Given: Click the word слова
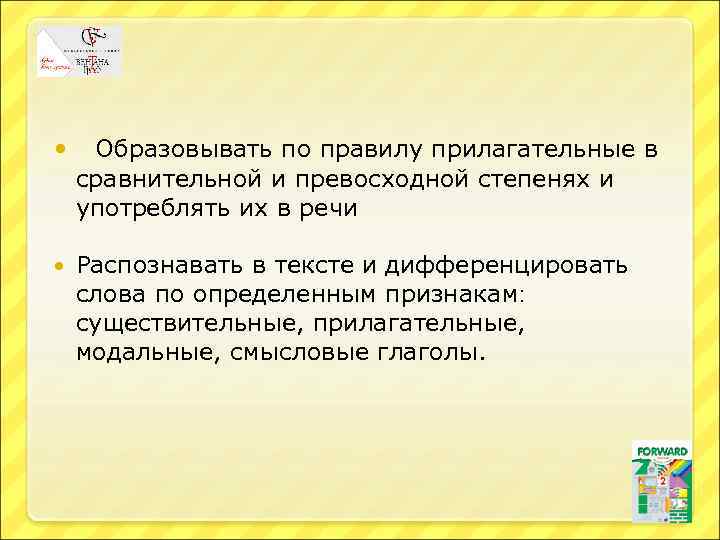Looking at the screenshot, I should (x=110, y=295).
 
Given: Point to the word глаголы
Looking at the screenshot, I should (x=429, y=353).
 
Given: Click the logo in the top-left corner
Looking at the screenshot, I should (x=79, y=52).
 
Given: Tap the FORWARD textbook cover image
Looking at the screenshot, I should (x=661, y=481).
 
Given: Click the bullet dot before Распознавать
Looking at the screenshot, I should (x=62, y=267).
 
